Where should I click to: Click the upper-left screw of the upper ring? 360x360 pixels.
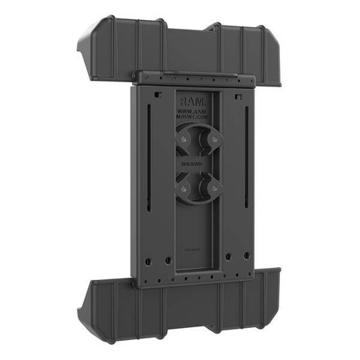(185, 137)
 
